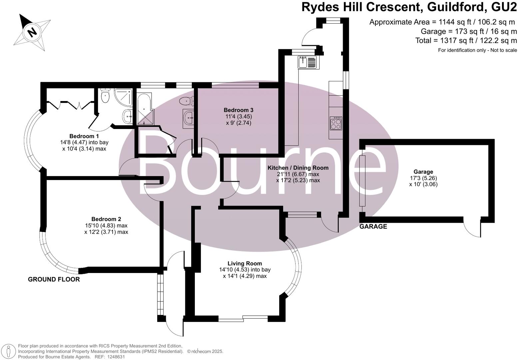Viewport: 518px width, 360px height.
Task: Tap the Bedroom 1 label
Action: (84, 136)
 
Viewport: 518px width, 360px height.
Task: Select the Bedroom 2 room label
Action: (106, 219)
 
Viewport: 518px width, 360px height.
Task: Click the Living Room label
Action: (245, 263)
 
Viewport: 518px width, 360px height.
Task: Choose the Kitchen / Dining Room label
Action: (298, 168)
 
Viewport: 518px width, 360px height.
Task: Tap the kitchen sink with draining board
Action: (308, 62)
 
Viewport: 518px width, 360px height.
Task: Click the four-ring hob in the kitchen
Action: (335, 123)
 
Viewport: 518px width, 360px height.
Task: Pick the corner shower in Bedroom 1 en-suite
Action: (123, 97)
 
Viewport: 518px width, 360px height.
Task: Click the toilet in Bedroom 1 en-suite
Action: (105, 96)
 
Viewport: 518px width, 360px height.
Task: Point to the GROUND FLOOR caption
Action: (54, 279)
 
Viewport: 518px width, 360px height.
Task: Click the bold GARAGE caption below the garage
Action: (373, 227)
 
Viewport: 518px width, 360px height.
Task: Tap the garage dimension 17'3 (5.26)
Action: (423, 178)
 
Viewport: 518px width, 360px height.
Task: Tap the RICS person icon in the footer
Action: (9, 351)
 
